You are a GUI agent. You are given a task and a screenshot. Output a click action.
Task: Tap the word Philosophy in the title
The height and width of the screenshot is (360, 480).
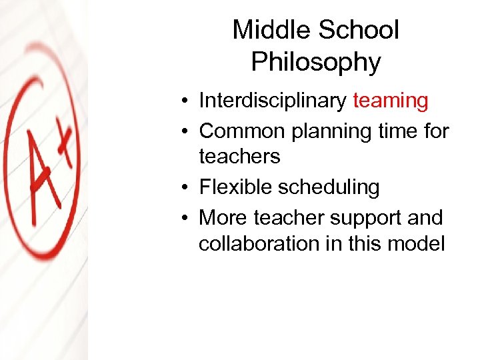(x=316, y=62)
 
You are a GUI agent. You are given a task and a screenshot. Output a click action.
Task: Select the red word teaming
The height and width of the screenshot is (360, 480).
(x=390, y=101)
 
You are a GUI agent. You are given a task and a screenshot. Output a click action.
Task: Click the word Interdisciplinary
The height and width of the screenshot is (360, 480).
(x=273, y=101)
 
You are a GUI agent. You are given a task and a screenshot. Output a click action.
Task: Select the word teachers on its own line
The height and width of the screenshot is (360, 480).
(x=239, y=157)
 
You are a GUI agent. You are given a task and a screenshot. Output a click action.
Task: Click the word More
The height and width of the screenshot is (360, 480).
(x=223, y=217)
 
